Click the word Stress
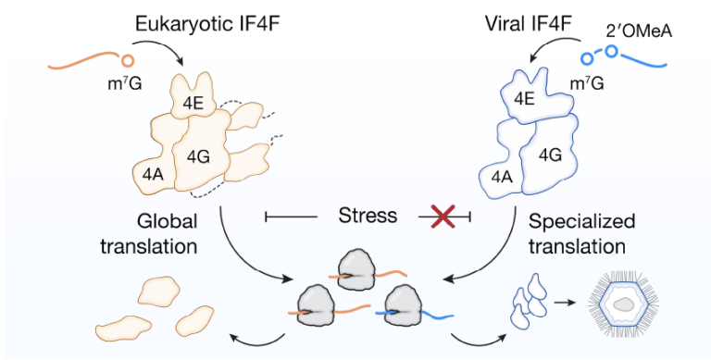point(368,216)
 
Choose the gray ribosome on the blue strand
point(404,305)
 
